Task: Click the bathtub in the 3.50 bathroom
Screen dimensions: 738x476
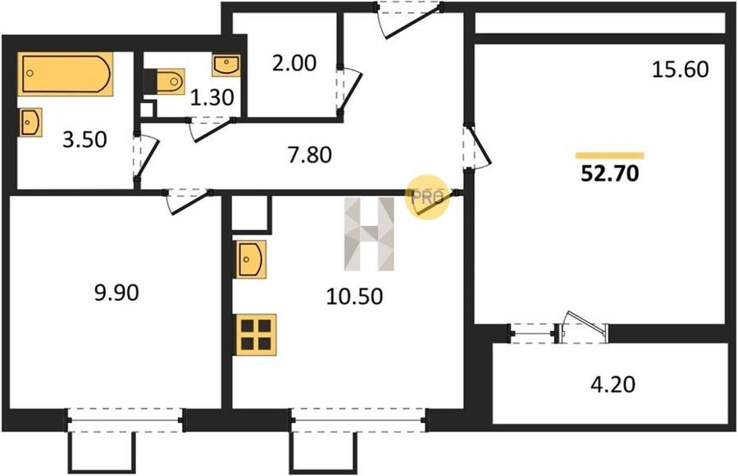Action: click(66, 74)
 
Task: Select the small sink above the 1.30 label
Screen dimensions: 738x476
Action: click(226, 65)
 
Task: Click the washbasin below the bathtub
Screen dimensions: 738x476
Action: click(30, 122)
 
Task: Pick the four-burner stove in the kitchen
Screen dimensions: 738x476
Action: click(256, 334)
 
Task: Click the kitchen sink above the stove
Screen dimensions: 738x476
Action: click(251, 259)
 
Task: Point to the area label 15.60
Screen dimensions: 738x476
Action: click(680, 70)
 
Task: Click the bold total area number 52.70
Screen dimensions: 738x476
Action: click(610, 174)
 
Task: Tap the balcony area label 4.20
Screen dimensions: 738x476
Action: click(613, 384)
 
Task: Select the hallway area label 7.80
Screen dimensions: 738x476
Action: click(310, 155)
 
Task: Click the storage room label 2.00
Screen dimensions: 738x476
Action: click(294, 63)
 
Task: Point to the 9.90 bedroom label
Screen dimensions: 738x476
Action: click(116, 292)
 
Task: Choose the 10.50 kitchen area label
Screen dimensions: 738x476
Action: click(354, 297)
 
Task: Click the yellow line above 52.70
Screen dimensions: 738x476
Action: click(610, 155)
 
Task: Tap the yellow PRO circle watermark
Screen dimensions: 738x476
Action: click(427, 197)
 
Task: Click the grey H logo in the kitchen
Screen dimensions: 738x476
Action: click(370, 233)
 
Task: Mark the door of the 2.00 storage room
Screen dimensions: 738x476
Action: click(348, 91)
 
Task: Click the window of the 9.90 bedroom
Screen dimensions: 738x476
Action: click(125, 420)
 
